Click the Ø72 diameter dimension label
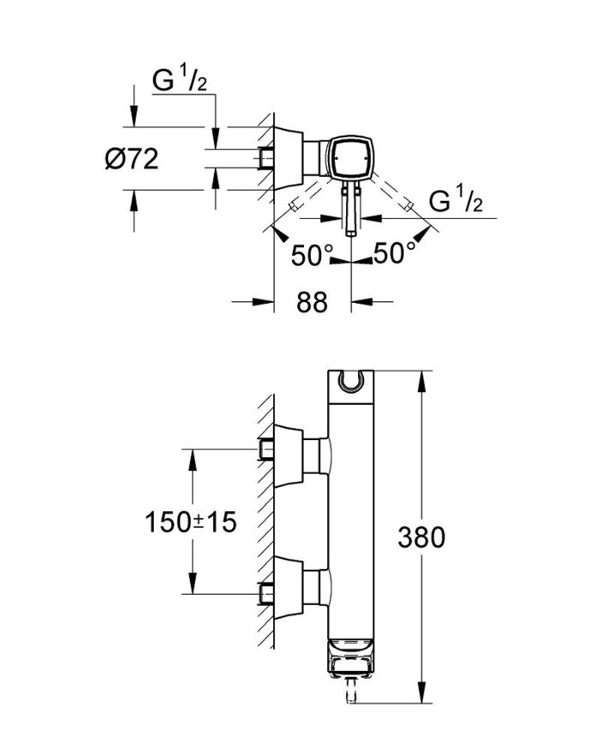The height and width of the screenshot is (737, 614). (x=131, y=159)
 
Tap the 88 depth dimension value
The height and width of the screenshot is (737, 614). (x=312, y=302)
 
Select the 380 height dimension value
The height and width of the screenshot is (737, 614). (x=421, y=537)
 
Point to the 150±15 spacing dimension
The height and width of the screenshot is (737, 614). (x=191, y=522)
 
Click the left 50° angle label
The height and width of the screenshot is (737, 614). (x=312, y=255)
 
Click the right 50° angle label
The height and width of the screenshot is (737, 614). (x=394, y=253)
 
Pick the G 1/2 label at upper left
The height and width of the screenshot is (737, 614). (x=179, y=80)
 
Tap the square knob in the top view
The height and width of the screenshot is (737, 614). (x=350, y=158)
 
